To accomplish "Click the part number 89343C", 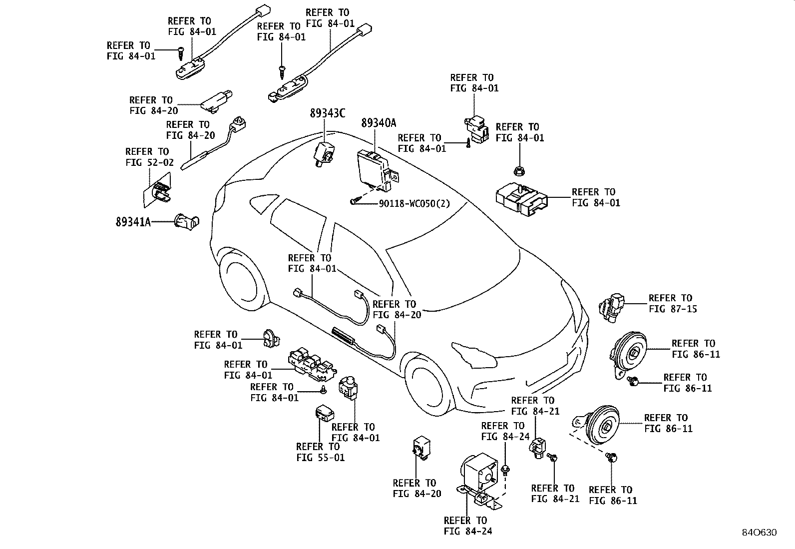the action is (327, 113).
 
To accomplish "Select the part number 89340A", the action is (379, 123).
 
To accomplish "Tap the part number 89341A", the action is (133, 222).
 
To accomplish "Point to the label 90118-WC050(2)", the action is (414, 203).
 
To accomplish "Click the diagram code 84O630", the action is (760, 533).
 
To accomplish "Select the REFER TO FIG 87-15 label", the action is (673, 303).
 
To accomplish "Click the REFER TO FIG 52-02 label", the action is (149, 157).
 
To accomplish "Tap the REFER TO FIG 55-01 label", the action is (320, 452).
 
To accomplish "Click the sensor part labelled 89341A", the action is (187, 222).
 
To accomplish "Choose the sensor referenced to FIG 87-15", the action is (612, 308).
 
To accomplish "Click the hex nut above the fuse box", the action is (519, 171).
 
